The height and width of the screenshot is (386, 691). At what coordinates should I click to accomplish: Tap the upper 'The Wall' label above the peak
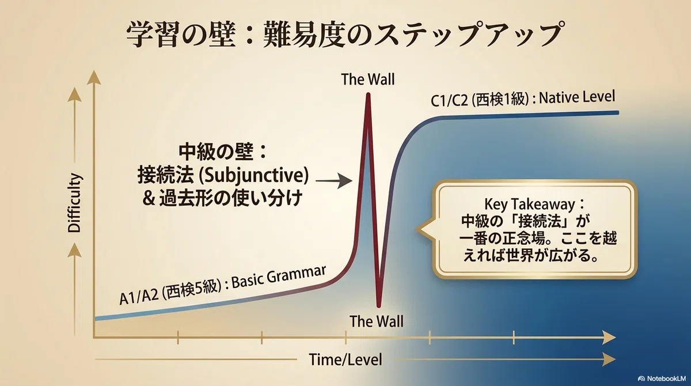click(x=368, y=80)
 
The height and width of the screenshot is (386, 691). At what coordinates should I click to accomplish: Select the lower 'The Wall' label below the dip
click(x=377, y=321)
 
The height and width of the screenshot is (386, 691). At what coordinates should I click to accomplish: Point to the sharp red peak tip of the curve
click(x=368, y=94)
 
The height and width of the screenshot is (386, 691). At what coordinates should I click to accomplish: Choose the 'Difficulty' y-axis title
click(x=74, y=203)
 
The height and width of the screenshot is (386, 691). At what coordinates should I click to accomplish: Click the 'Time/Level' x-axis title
click(x=345, y=359)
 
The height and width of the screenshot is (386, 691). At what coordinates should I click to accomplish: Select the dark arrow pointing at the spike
click(x=334, y=181)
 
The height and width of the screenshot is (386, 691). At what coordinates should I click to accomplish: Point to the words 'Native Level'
click(x=577, y=97)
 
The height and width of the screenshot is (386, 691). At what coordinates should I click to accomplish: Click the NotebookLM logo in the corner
click(x=663, y=379)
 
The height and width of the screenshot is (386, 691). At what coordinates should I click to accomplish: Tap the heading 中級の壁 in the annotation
click(x=216, y=152)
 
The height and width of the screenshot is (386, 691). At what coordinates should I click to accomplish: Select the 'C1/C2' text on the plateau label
click(x=449, y=101)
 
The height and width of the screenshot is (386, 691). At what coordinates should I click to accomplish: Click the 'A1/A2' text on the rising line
click(x=139, y=297)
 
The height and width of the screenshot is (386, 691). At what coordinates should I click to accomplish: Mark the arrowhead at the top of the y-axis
click(x=94, y=77)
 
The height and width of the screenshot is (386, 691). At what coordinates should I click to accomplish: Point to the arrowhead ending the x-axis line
click(x=609, y=337)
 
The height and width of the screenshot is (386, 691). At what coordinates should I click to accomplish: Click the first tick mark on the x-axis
click(x=178, y=337)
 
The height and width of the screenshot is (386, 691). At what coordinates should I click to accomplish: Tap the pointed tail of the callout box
click(x=420, y=229)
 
